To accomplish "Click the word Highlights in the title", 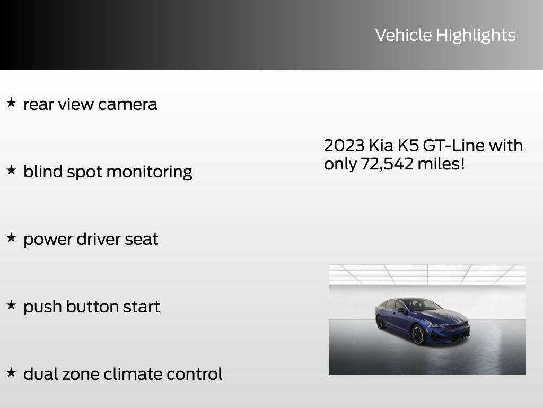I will [476, 36].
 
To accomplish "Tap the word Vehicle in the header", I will [404, 35].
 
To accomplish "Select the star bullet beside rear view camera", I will [11, 103].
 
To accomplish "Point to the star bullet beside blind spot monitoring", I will [11, 170].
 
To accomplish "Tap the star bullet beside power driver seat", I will [11, 237].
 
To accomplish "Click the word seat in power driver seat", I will [141, 239].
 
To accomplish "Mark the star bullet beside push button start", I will [11, 305].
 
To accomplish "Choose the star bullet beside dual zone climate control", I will [11, 372].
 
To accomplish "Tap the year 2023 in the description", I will [344, 146].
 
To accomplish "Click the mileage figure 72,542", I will [387, 164].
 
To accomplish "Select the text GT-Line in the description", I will [453, 146].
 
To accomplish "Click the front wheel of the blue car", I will [418, 335].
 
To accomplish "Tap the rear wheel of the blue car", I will [380, 322].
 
